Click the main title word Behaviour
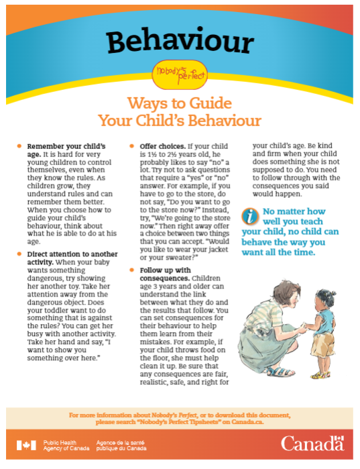coord(180,42)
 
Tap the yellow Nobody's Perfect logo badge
coord(180,74)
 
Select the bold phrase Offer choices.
coord(163,146)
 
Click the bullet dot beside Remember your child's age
coord(19,146)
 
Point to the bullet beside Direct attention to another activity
coord(19,254)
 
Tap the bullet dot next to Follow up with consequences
coord(132,270)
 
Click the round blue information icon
coord(250,216)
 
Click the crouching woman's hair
coord(286,290)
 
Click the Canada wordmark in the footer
coord(312,444)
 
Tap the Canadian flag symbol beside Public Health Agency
coord(26,445)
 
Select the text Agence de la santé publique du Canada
coord(121,446)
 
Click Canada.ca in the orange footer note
coord(247,422)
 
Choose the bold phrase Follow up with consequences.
coord(165,274)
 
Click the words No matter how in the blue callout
coord(294,211)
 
